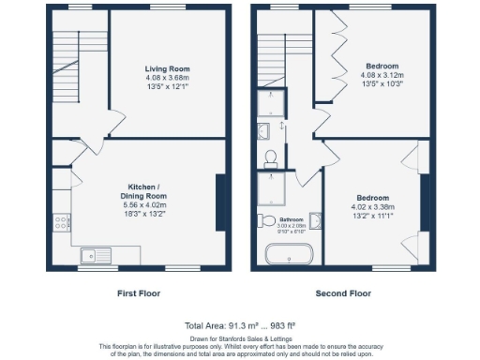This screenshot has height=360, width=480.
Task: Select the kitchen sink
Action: tap(96, 253)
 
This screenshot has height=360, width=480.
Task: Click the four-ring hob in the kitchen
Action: tap(63, 223)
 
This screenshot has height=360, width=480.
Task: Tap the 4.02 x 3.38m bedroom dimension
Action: tap(372, 206)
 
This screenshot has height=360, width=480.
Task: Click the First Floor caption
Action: tap(138, 293)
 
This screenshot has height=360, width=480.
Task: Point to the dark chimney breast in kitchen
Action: tap(221, 202)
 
